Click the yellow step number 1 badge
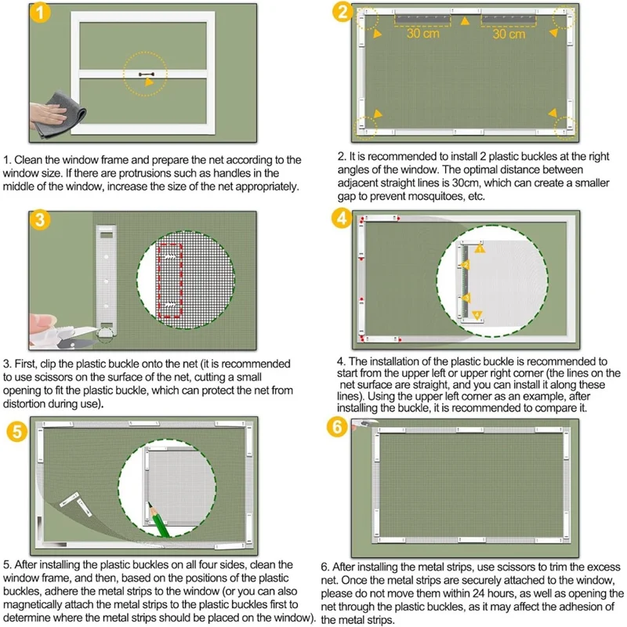(x=40, y=13)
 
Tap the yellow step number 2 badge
(x=342, y=12)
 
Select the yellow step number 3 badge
(x=40, y=219)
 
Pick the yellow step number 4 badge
(x=342, y=219)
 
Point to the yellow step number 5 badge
(x=17, y=432)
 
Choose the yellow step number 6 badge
(x=337, y=427)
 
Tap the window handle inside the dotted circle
(x=147, y=74)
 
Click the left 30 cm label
(x=423, y=33)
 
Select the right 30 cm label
(x=509, y=34)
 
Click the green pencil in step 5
(x=159, y=520)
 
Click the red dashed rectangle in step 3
(x=170, y=281)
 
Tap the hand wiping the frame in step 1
(x=48, y=114)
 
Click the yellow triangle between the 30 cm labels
(x=465, y=21)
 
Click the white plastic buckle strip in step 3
(x=107, y=281)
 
